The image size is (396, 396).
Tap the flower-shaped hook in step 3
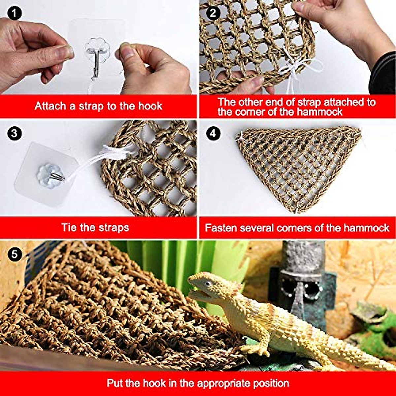48,174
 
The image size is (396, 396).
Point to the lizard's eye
208,283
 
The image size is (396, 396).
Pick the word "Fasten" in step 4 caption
221,228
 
